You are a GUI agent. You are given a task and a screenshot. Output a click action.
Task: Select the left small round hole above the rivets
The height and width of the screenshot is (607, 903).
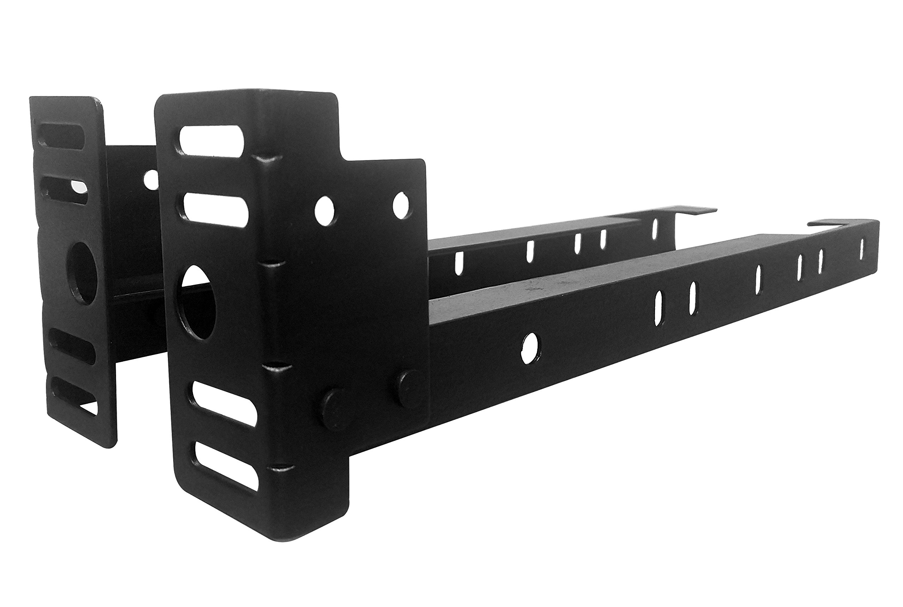coord(325,209)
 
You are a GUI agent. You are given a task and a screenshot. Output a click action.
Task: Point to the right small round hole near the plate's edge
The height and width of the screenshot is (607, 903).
coord(401,205)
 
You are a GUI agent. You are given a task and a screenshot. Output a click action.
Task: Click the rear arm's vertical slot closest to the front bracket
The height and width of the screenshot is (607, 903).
coord(459,263)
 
